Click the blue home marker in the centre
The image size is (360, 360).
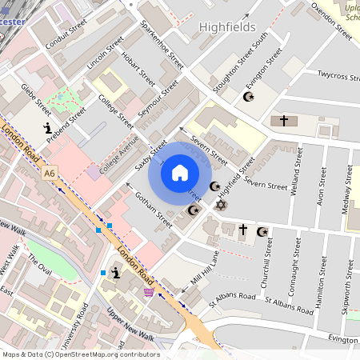(x=180, y=173)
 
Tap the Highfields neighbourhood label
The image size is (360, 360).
(x=230, y=27)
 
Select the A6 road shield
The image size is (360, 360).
(x=50, y=173)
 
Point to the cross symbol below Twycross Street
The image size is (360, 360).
(x=283, y=120)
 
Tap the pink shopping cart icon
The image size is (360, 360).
(x=148, y=292)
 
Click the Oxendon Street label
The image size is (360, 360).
(x=331, y=21)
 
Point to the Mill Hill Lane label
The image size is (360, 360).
(x=205, y=268)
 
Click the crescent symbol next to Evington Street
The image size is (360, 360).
(x=247, y=97)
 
